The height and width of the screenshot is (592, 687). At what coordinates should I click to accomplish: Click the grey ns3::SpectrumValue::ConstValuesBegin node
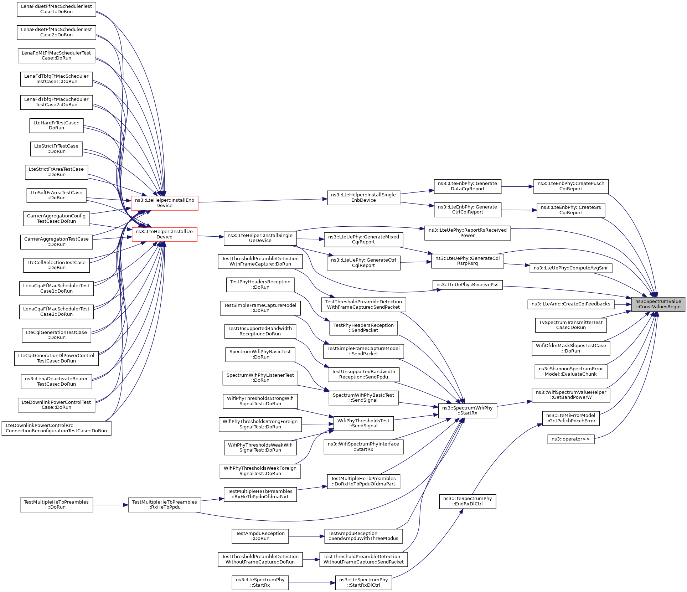(658, 304)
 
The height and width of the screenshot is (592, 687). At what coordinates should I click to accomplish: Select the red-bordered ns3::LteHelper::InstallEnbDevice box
(164, 203)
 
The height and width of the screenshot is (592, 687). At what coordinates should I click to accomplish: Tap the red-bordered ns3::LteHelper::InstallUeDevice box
(164, 234)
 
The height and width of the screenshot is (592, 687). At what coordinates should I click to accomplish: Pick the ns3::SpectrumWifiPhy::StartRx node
(467, 411)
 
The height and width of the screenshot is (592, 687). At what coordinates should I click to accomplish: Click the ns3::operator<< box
(570, 439)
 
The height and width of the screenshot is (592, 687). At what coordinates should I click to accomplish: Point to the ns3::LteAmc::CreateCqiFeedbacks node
(570, 304)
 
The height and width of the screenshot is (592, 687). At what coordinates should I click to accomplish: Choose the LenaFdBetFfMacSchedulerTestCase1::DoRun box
(56, 9)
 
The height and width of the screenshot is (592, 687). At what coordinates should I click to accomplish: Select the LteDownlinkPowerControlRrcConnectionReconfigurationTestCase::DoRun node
(56, 428)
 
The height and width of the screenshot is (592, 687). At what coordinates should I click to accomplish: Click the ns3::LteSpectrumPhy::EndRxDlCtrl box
(467, 501)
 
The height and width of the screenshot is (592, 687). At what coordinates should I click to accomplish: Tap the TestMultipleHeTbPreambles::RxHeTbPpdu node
(164, 505)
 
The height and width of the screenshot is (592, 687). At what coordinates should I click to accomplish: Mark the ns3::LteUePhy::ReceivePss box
(467, 285)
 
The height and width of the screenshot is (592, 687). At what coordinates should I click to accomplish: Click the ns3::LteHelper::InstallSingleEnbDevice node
(363, 197)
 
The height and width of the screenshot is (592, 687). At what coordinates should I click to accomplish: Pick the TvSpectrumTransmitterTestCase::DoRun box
(570, 325)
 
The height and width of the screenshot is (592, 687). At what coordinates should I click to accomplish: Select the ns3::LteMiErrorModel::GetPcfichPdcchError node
(570, 418)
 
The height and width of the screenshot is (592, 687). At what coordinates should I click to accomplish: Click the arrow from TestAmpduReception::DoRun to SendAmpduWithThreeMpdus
(306, 536)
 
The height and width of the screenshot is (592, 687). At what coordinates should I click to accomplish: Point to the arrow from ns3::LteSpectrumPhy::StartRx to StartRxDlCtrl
(312, 583)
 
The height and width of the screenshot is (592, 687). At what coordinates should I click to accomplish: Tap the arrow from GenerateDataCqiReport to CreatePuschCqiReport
(517, 186)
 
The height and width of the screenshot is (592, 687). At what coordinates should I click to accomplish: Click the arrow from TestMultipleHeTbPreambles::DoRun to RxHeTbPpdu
(110, 505)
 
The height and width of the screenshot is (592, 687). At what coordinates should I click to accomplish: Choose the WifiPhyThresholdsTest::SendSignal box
(363, 423)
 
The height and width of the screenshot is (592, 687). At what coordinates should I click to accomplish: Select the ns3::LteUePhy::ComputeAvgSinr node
(570, 268)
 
